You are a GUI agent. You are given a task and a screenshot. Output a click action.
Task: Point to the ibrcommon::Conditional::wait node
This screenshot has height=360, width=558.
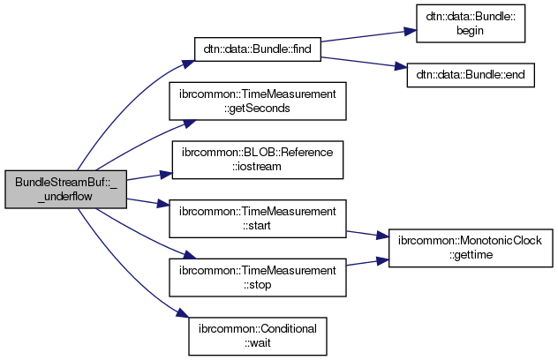coord(257,336)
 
